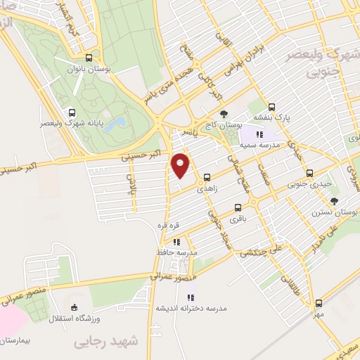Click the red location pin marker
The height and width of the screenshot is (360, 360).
coord(181,165)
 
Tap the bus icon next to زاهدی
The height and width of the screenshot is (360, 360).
coord(207,178)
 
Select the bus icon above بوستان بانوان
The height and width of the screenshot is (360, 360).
coord(89,58)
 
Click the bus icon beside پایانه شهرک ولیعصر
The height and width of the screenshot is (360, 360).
coord(72,112)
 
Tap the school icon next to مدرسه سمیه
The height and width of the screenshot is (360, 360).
coord(259,134)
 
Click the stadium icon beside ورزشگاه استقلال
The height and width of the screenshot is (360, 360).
coord(75,307)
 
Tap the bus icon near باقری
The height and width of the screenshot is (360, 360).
coord(238,207)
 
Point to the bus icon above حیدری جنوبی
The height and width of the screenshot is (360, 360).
coord(309,173)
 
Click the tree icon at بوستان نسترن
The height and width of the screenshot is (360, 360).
coord(333,202)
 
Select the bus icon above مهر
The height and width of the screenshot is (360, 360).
coord(319,303)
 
